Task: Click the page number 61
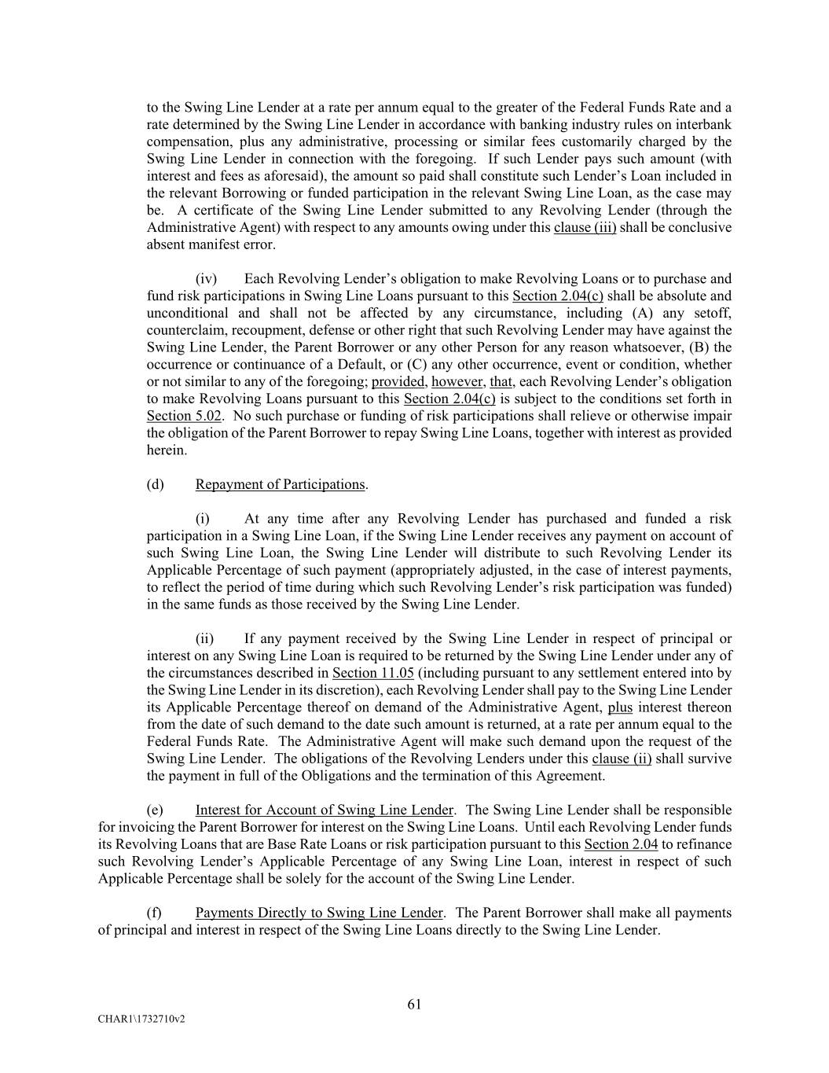coord(414,1004)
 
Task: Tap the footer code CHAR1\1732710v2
coord(141,1019)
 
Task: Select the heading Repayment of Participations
coord(280,484)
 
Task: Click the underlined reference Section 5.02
coord(184,416)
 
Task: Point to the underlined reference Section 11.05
coord(373,673)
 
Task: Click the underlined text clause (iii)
coord(585,227)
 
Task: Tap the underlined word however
coord(457,382)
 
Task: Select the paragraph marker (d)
coord(155,484)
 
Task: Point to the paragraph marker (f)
coord(154,913)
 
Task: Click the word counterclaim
coord(185,330)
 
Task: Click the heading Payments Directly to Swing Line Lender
coord(319,913)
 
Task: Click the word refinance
coord(701,844)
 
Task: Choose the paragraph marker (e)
coord(154,810)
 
